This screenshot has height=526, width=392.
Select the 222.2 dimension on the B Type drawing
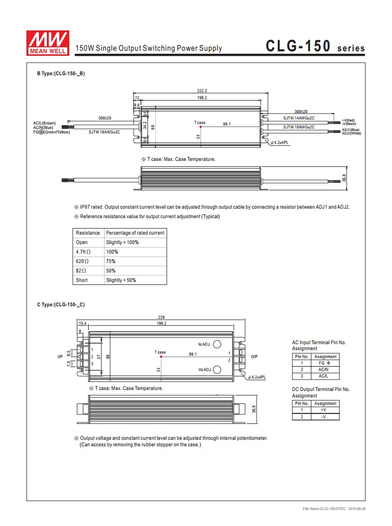pyautogui.click(x=202, y=91)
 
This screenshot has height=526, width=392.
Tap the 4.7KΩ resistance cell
pyautogui.click(x=82, y=252)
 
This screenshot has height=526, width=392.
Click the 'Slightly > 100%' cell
pyautogui.click(x=122, y=243)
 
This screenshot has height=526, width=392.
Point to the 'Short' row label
pyautogui.click(x=82, y=280)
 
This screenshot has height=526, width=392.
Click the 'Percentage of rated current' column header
pyautogui.click(x=135, y=233)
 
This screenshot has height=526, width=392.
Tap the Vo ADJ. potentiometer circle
pyautogui.click(x=217, y=370)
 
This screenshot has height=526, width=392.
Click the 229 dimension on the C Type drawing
pyautogui.click(x=161, y=317)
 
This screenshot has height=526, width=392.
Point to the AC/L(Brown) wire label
pyautogui.click(x=45, y=123)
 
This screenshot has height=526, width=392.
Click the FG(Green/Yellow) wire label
pyautogui.click(x=52, y=132)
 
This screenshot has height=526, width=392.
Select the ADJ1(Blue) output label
pyautogui.click(x=351, y=130)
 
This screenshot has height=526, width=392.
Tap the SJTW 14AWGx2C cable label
pyautogui.click(x=299, y=118)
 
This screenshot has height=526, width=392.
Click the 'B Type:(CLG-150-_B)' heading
pyautogui.click(x=61, y=73)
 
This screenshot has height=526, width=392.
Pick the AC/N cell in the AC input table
pyautogui.click(x=325, y=370)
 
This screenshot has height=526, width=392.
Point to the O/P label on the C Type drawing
pyautogui.click(x=254, y=357)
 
